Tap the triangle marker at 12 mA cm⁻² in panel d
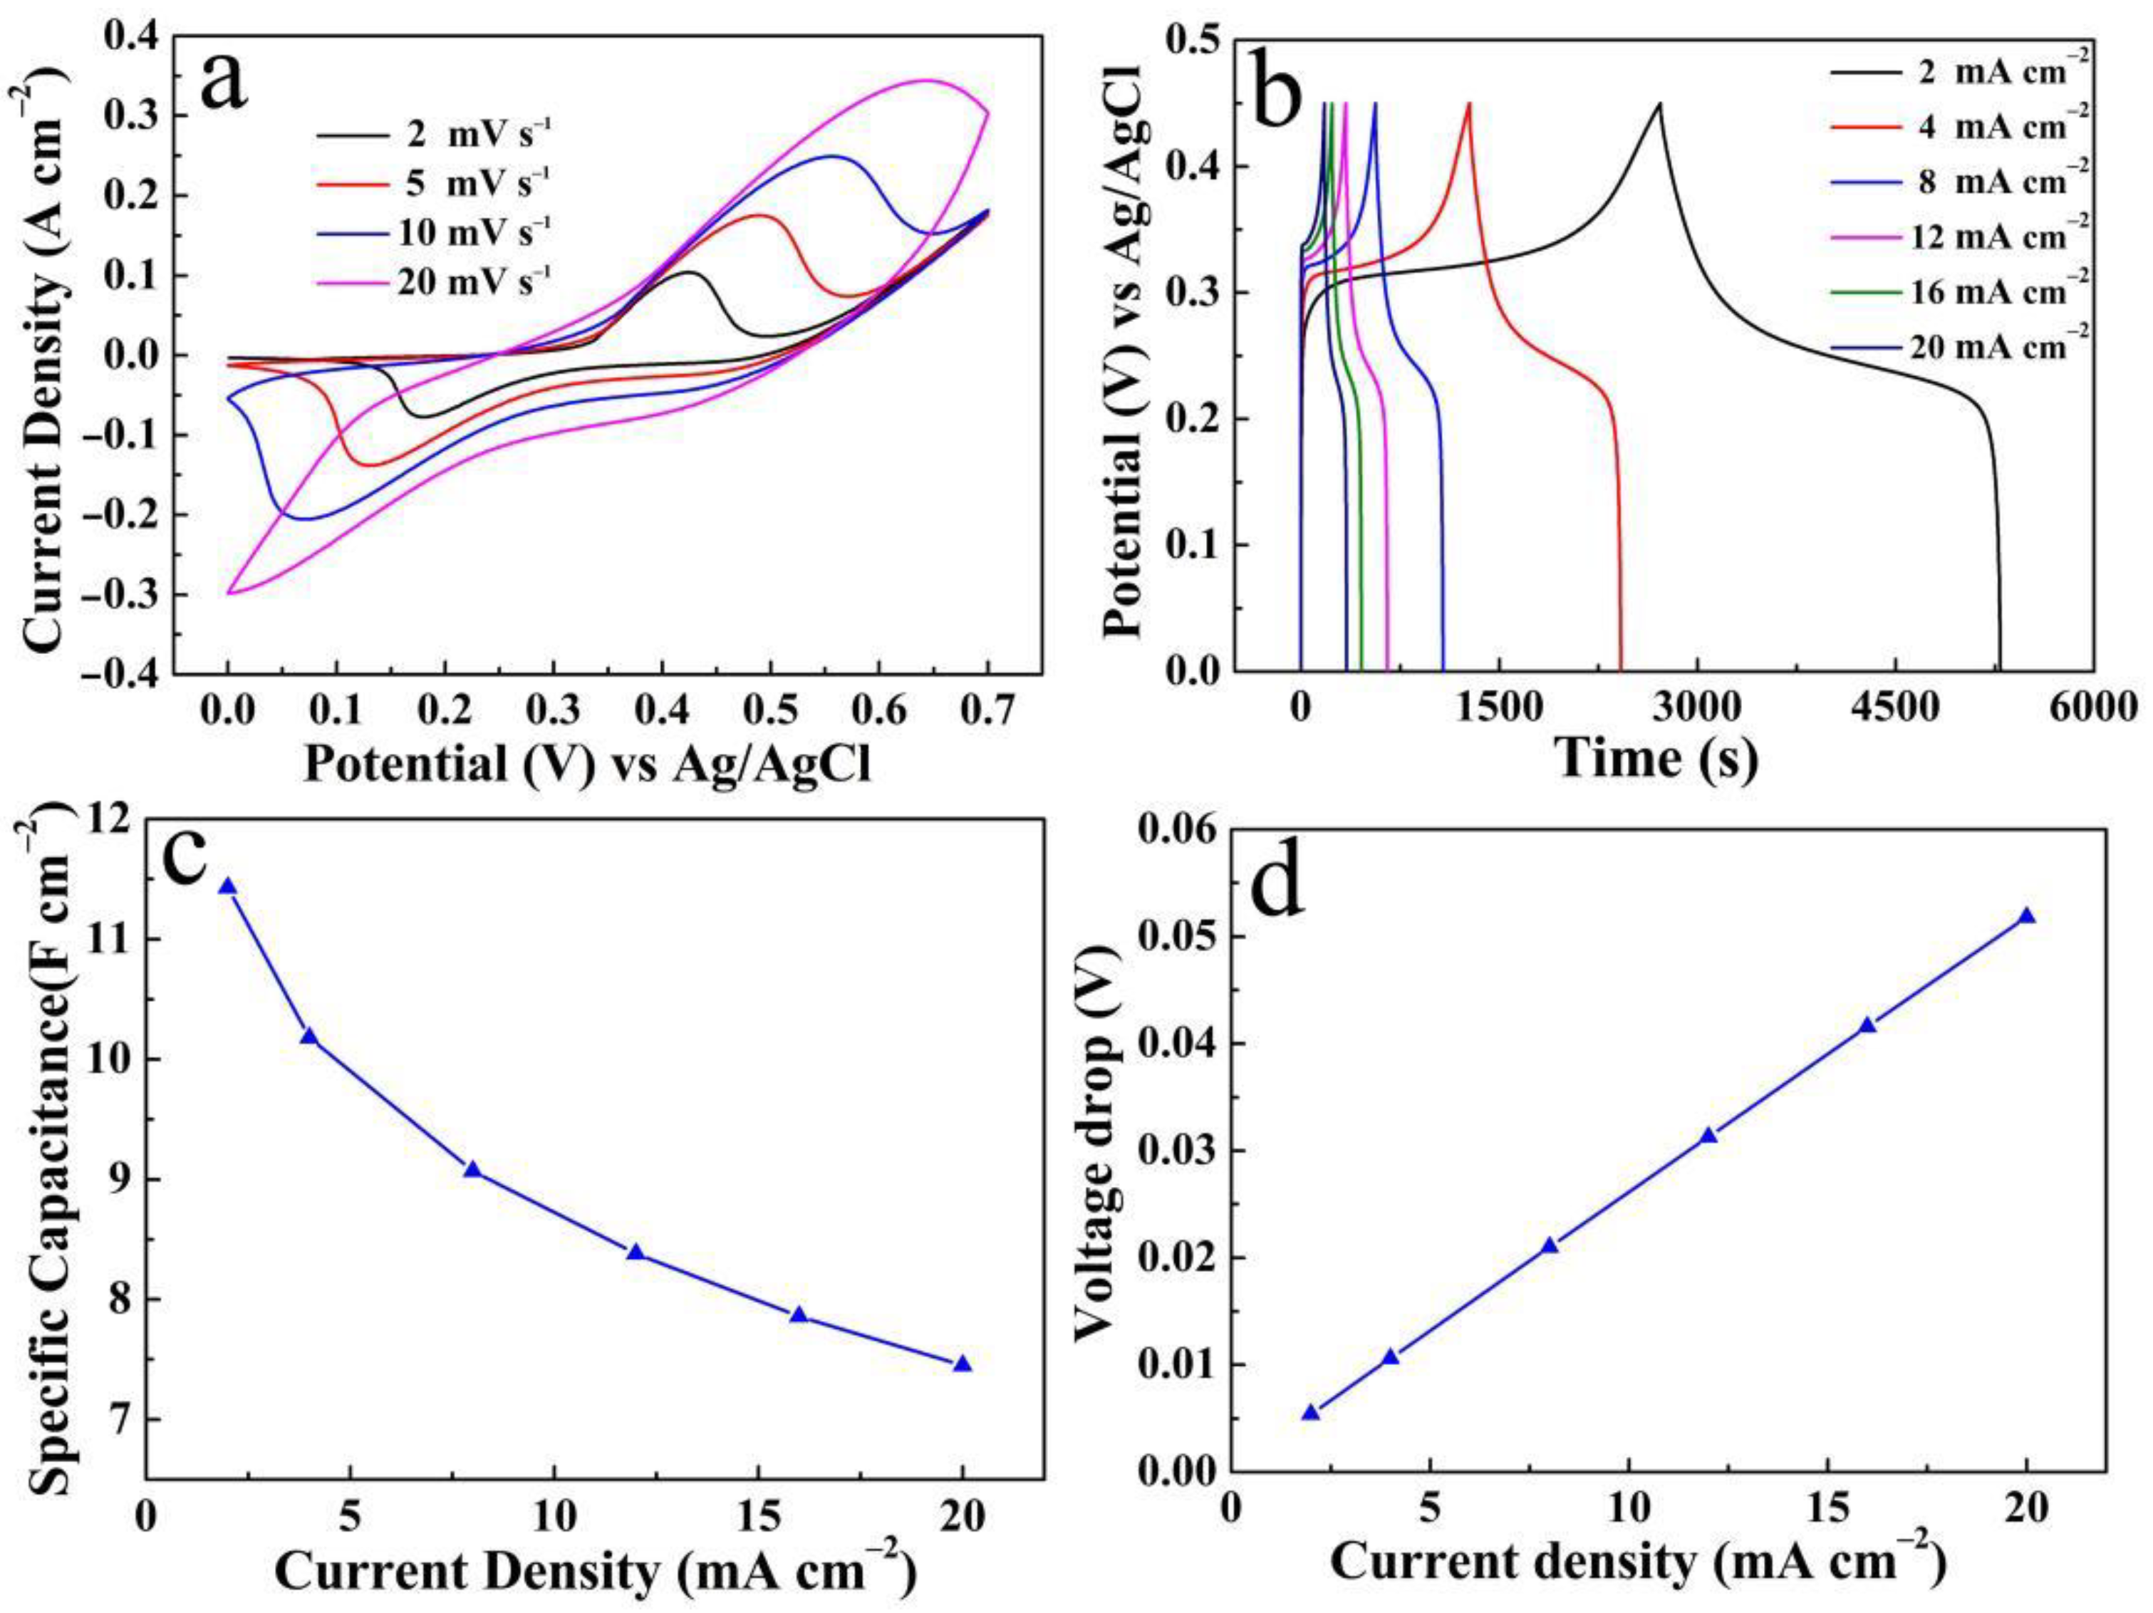(1708, 1135)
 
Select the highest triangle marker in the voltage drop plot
(2028, 916)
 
